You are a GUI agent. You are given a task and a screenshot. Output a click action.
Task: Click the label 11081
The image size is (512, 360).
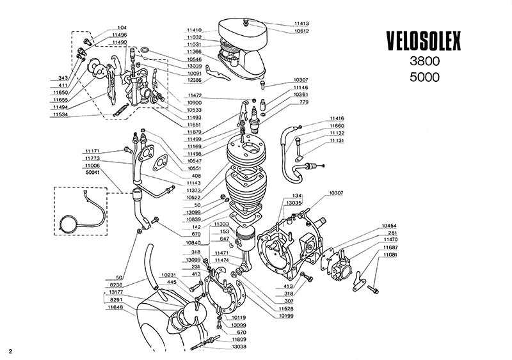coord(390,254)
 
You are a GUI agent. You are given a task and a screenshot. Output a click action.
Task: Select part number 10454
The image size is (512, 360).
coord(390,226)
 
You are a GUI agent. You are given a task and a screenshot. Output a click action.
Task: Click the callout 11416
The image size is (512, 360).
coord(337,119)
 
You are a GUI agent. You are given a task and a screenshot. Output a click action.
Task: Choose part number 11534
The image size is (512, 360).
coord(60,114)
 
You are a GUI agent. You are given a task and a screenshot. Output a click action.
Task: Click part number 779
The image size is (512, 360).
coord(305,102)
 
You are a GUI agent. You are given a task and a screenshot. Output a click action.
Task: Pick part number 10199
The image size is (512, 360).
coord(285,315)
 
